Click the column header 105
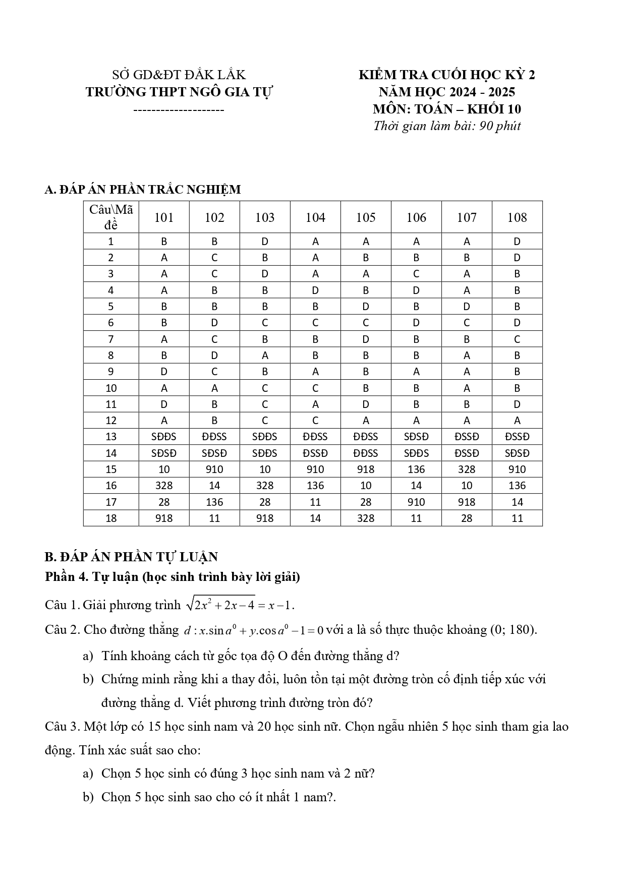pyautogui.click(x=366, y=217)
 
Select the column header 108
pyautogui.click(x=517, y=217)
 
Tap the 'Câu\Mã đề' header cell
pyautogui.click(x=111, y=217)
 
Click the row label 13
pyautogui.click(x=111, y=437)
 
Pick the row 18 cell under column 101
pyautogui.click(x=164, y=518)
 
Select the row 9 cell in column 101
pyautogui.click(x=164, y=372)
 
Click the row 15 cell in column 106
pyautogui.click(x=416, y=469)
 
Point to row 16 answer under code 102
pyautogui.click(x=214, y=486)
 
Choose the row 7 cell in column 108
pyautogui.click(x=517, y=339)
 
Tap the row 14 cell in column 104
pyautogui.click(x=315, y=453)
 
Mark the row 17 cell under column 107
pyautogui.click(x=467, y=502)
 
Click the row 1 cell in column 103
pyautogui.click(x=265, y=242)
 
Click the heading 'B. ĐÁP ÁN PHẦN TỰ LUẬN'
pyautogui.click(x=131, y=557)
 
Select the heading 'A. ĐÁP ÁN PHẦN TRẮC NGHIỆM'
pyautogui.click(x=143, y=190)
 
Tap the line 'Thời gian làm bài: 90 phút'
pyautogui.click(x=446, y=126)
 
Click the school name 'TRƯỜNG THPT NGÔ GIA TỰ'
pyautogui.click(x=179, y=92)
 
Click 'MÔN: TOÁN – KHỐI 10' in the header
pyautogui.click(x=446, y=109)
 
